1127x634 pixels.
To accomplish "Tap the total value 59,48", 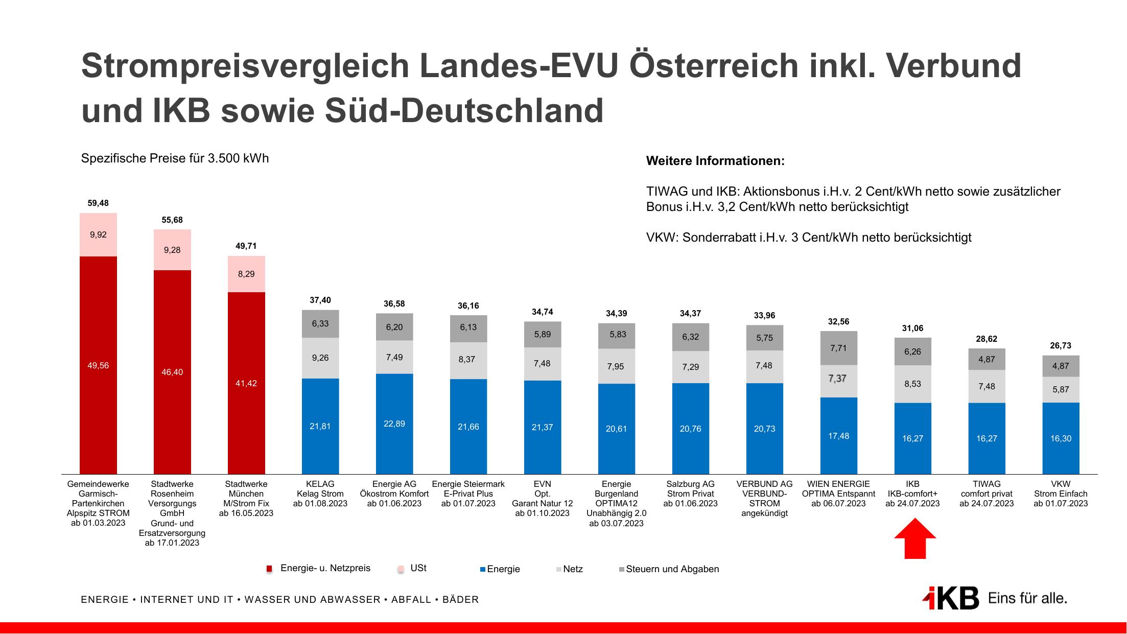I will point(98,203).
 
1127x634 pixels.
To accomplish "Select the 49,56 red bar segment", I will point(98,365).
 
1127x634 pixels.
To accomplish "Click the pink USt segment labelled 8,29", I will point(246,274).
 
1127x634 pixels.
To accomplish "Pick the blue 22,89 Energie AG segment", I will point(394,424).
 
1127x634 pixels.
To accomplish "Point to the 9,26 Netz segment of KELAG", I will point(320,358).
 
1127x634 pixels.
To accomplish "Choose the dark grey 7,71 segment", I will point(838,348).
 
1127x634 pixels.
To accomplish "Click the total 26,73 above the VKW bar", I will point(1061,346).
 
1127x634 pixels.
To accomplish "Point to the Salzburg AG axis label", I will point(690,494).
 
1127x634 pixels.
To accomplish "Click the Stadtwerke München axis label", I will point(246,498).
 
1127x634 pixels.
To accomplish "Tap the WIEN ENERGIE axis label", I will point(838,494).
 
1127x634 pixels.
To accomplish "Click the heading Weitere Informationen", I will point(715,161).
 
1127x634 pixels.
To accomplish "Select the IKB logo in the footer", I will point(951,598).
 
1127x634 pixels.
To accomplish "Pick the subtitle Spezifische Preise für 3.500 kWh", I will point(175,158).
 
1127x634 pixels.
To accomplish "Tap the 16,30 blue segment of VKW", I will point(1061,438).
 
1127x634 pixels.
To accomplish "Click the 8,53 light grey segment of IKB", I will point(912,384).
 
